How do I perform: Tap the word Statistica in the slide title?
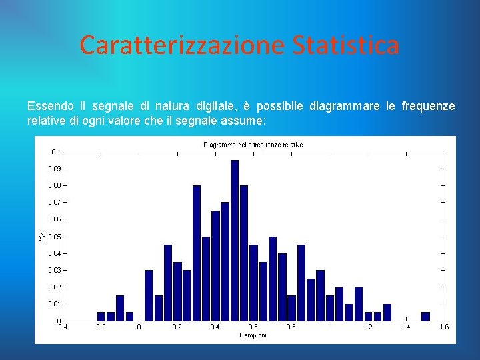(345, 45)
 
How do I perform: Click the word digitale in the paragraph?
(215, 106)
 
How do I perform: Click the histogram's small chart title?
(253, 144)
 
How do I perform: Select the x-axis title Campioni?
(253, 335)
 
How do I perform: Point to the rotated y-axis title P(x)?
(41, 236)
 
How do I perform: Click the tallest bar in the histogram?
(235, 240)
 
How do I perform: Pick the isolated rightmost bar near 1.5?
(425, 317)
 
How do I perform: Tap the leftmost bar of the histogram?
(101, 317)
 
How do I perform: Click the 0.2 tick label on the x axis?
(177, 327)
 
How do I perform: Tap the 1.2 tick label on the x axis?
(367, 327)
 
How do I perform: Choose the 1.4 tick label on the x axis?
(405, 327)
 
